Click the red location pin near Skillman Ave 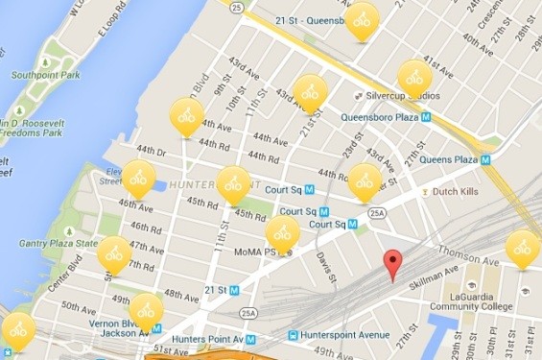point(391,262)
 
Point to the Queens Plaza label point(448,160)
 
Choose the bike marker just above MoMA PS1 point(282,231)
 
